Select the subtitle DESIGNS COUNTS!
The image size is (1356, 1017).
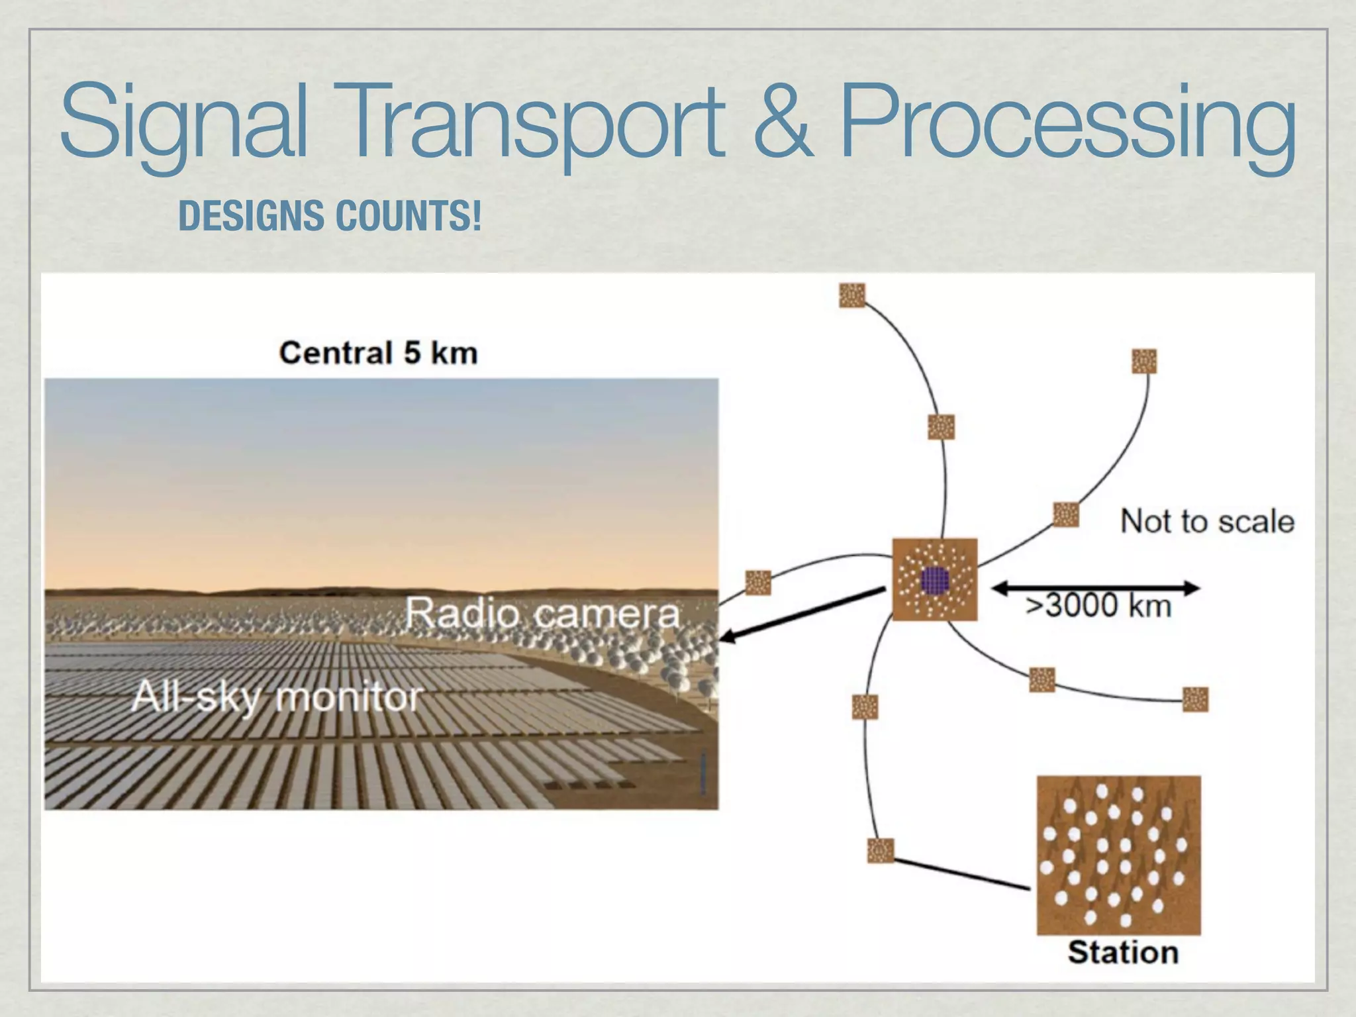tap(330, 216)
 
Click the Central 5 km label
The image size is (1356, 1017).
tap(378, 352)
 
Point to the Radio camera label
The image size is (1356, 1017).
tap(542, 613)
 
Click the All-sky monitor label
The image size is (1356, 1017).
tap(277, 697)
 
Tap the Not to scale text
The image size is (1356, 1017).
tap(1206, 522)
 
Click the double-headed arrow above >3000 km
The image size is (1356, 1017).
tap(1096, 587)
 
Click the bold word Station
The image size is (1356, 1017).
tap(1122, 953)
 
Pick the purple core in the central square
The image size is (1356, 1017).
tap(935, 581)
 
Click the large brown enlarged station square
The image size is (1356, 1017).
tap(1118, 855)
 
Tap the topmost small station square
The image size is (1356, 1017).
tap(852, 295)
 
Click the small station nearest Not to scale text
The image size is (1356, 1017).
tap(1065, 514)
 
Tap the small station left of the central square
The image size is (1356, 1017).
tap(758, 583)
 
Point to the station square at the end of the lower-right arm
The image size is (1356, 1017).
tap(1195, 699)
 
